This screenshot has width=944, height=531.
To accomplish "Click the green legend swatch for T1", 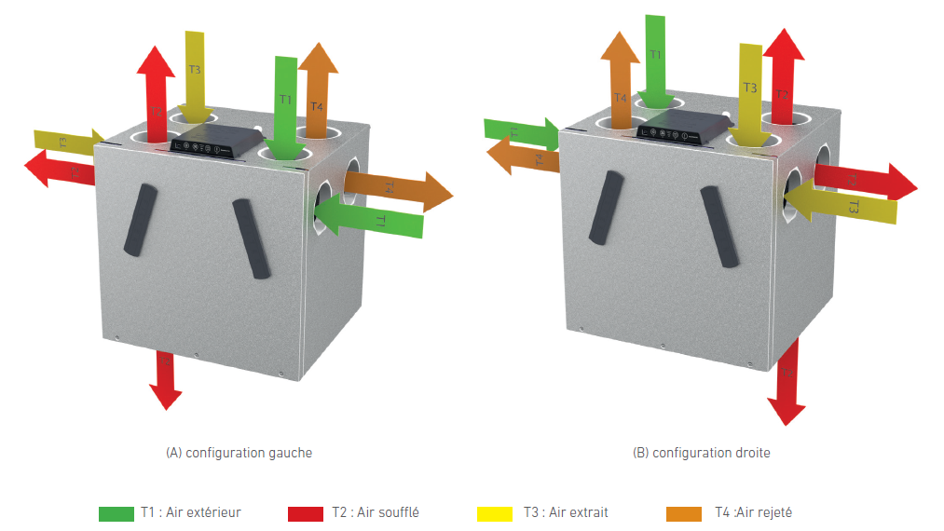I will point(116,513).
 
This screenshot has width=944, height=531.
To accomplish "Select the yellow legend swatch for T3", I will point(495,513).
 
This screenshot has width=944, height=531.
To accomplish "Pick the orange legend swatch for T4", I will point(685,513).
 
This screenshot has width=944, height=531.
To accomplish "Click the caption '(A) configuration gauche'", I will point(239,453).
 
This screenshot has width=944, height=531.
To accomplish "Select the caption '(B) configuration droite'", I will point(702,453).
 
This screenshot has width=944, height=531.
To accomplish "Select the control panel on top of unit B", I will point(683,127).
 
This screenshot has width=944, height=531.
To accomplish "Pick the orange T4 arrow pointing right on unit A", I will point(401,189).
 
